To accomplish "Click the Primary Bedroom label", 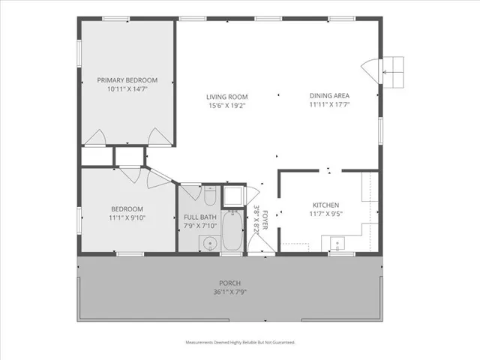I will click(x=127, y=80).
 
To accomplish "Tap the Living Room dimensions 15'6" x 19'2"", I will click(x=227, y=106).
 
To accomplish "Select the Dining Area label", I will click(x=329, y=96).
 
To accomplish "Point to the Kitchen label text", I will click(x=326, y=205).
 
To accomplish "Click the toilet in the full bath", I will click(x=210, y=197).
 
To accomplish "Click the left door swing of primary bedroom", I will click(x=96, y=137).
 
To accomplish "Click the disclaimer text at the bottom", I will click(x=240, y=342).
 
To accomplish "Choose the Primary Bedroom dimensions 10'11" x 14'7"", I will click(x=127, y=89).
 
